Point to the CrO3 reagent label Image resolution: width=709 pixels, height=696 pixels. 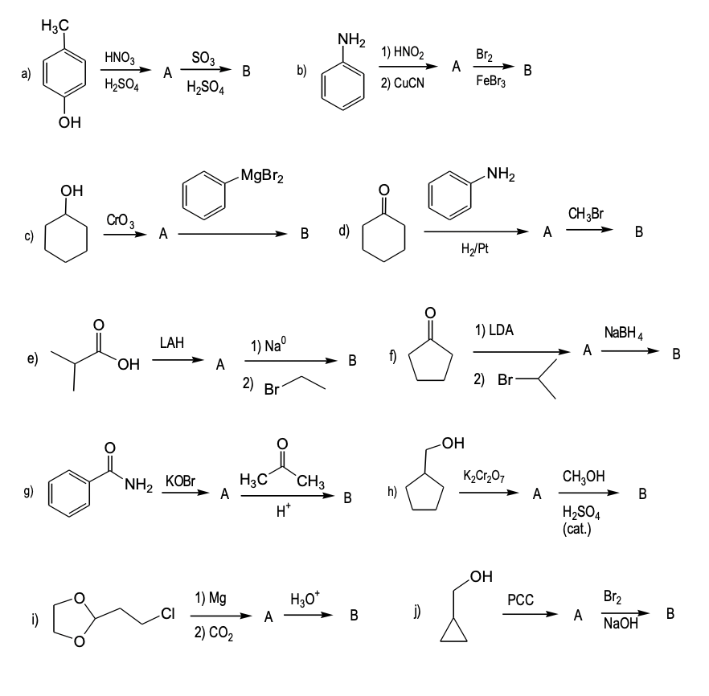(x=119, y=219)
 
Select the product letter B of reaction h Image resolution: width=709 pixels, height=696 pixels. (x=642, y=494)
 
